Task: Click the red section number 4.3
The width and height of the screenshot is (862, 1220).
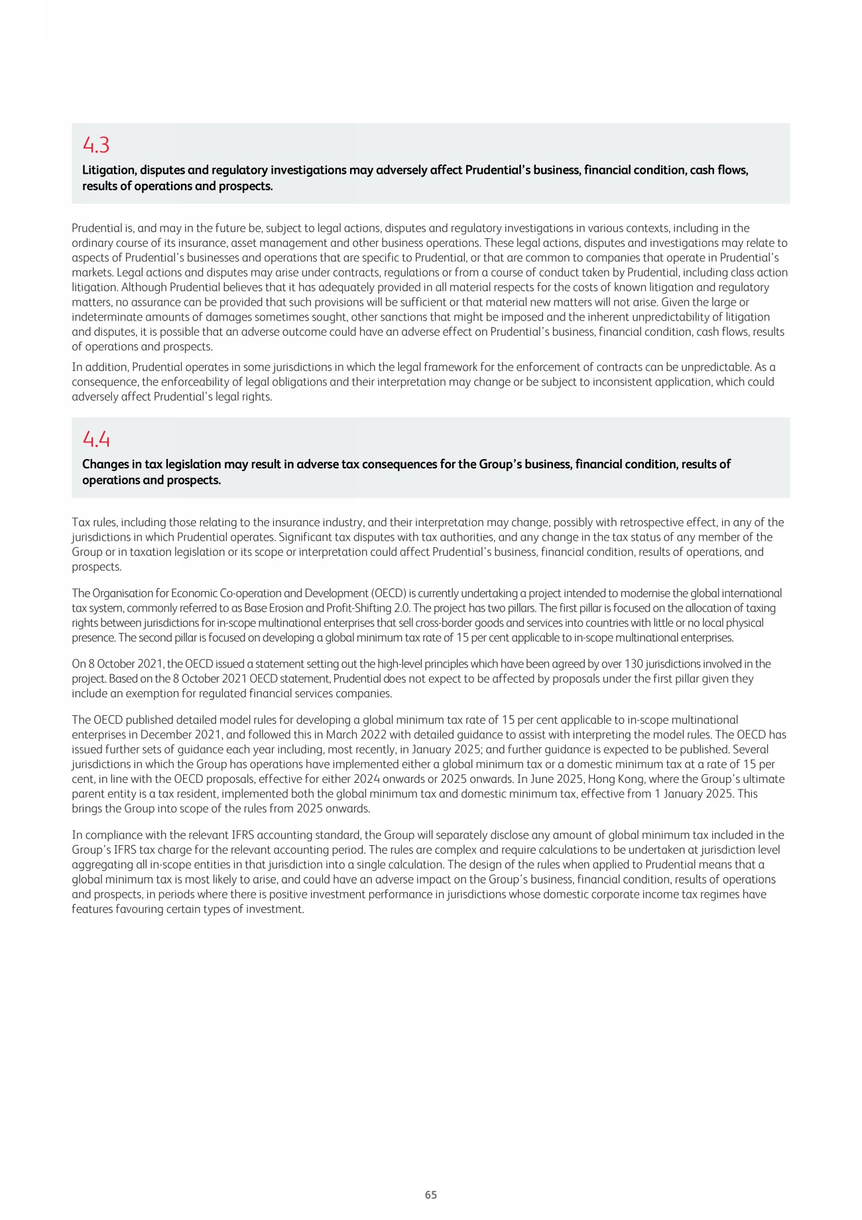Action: (x=95, y=145)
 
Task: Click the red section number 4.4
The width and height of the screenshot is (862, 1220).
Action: (x=95, y=439)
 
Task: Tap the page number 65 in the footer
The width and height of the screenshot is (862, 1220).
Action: (x=431, y=1194)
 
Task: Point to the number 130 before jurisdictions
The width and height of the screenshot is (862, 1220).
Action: (x=634, y=663)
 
